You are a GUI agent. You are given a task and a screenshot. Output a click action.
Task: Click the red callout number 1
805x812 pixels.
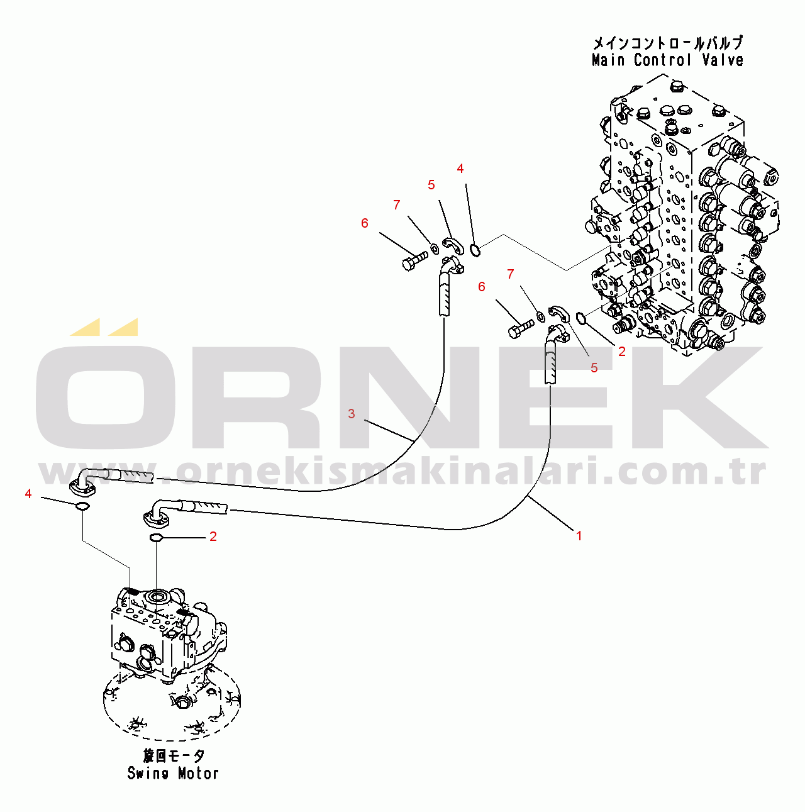tap(579, 536)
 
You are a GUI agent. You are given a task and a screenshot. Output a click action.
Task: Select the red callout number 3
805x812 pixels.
tap(352, 414)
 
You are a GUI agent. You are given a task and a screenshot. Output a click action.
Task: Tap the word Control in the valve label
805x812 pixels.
tap(663, 60)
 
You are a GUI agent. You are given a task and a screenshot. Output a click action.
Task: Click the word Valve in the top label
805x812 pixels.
tap(723, 60)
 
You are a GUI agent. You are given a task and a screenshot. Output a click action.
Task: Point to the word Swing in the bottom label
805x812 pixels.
tap(148, 773)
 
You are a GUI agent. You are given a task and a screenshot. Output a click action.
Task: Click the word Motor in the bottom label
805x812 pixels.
tap(198, 773)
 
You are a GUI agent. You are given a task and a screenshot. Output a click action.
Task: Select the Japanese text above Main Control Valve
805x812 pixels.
tap(668, 43)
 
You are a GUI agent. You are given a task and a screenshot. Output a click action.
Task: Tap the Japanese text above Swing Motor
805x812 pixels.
tap(173, 757)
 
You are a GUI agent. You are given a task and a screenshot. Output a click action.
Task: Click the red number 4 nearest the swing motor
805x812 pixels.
tap(28, 494)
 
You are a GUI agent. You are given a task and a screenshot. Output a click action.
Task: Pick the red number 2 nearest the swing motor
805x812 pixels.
tap(213, 537)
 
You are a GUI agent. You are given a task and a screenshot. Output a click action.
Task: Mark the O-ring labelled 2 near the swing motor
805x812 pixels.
tap(155, 538)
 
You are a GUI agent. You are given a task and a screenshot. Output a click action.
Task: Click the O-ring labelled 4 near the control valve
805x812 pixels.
tap(475, 250)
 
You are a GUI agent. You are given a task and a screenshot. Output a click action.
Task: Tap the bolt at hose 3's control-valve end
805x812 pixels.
tap(414, 260)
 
